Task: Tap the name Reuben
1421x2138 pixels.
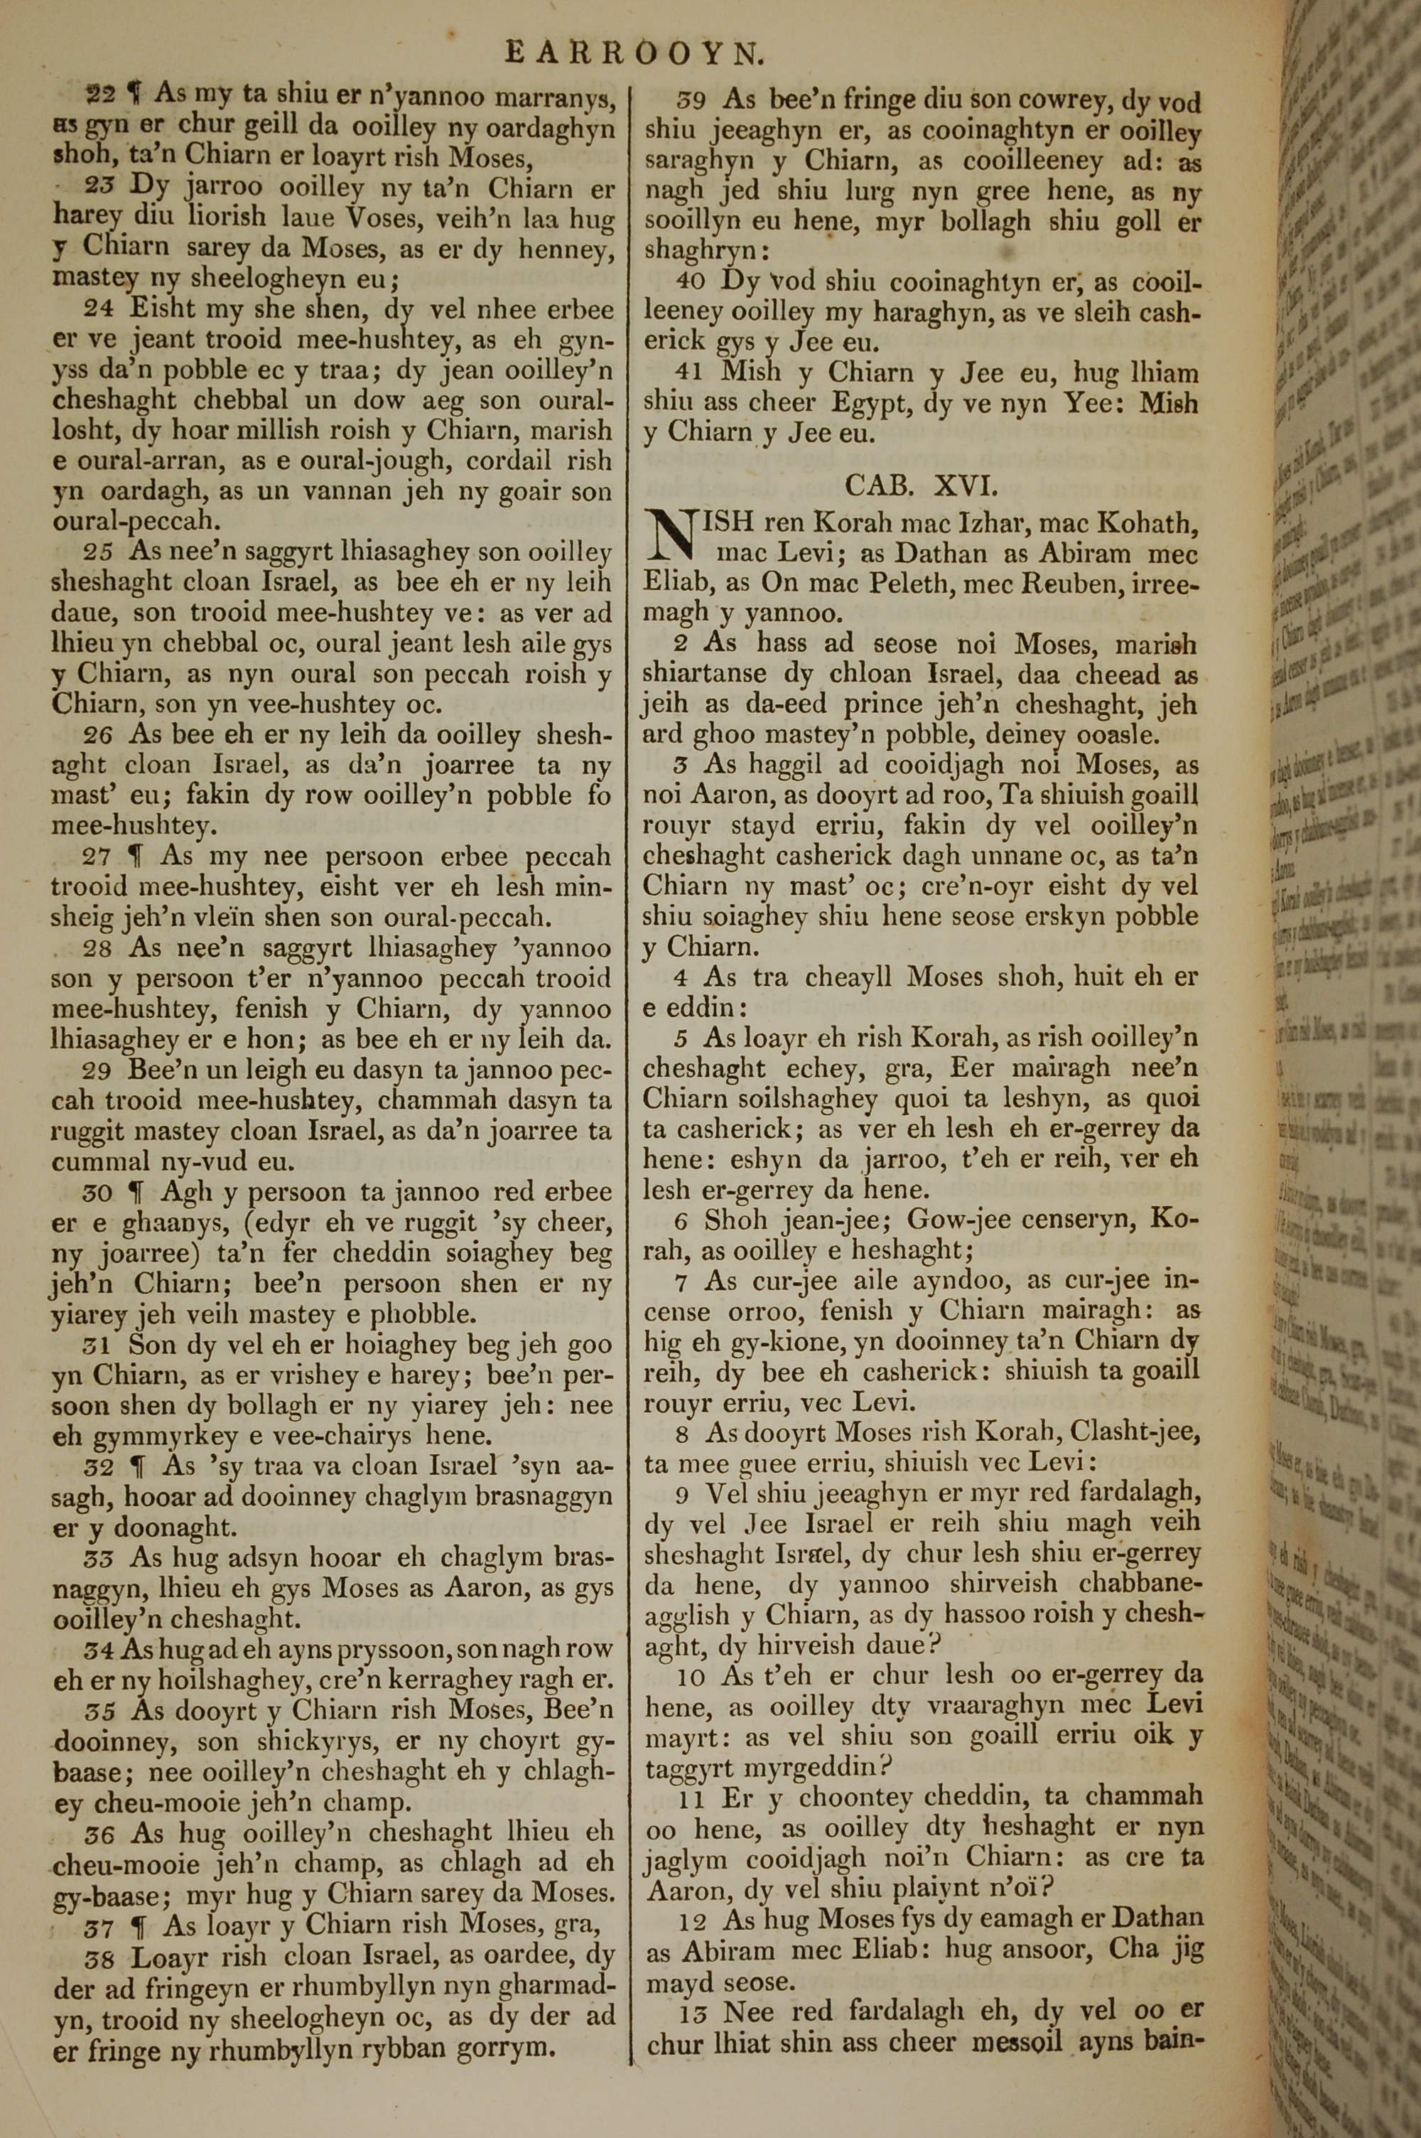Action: [1073, 584]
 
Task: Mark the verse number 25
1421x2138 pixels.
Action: [99, 552]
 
